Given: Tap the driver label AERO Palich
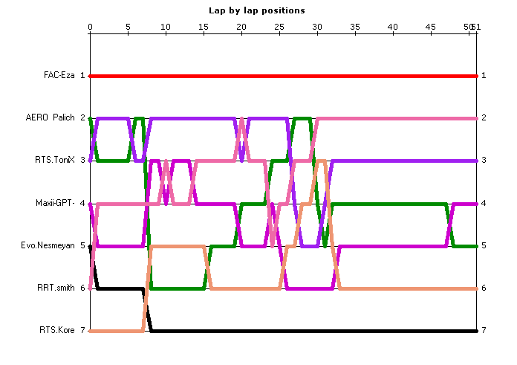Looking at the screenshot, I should [60, 118].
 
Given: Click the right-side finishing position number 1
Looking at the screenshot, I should [484, 76].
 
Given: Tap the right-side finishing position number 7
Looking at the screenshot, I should [484, 330].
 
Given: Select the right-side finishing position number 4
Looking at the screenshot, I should [484, 203].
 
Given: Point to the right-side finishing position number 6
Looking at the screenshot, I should [484, 288].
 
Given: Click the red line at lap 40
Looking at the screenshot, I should [393, 76].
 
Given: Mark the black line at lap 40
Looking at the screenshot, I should [393, 330].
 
